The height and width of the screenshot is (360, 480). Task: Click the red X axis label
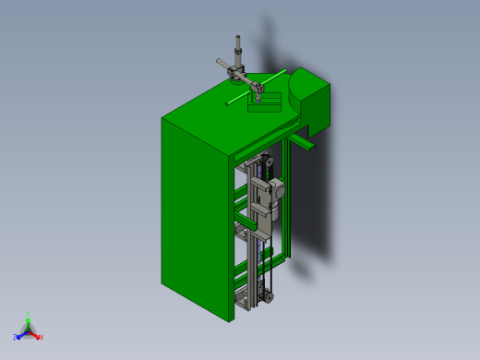coord(42,337)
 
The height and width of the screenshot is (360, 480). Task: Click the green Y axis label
coord(29,314)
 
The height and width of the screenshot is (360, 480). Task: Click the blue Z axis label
coord(15,338)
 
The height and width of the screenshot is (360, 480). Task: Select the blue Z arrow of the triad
coord(21,334)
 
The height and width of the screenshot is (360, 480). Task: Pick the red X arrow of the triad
coord(35,334)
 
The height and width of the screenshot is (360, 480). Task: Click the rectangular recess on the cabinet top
coord(266,102)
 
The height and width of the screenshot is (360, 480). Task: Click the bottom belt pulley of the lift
coord(267,296)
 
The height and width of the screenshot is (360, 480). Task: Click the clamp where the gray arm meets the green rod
coord(259,90)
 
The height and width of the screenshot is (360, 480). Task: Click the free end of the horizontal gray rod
coord(219,62)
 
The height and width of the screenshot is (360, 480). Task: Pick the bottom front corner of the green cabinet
coord(230,321)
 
